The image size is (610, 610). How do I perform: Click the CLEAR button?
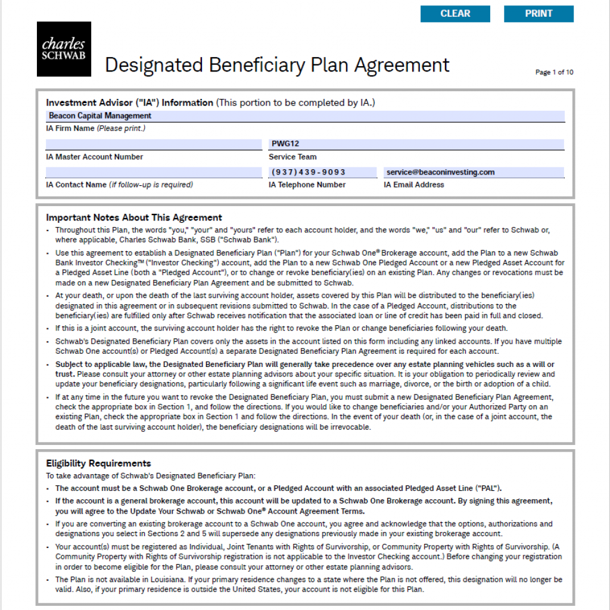455,14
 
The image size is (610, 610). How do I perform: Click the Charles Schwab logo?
64,49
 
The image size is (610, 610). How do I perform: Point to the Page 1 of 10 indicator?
554,73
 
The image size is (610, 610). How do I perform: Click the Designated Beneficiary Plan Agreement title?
277,64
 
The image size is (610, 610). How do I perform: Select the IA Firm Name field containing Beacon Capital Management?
305,116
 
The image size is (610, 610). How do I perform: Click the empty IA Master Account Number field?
153,144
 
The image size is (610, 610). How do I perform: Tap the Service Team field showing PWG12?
416,144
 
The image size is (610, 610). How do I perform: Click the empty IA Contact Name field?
153,172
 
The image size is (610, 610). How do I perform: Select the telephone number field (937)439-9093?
322,172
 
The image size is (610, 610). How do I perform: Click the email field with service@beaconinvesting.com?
474,172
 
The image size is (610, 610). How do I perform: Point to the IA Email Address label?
413,185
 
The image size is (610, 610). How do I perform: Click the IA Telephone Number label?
307,185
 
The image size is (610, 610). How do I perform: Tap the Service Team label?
292,157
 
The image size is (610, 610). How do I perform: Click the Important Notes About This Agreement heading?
134,217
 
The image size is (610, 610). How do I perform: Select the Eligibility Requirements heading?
98,463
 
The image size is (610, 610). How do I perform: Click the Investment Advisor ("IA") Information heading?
129,102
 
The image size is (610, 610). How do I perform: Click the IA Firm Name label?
70,129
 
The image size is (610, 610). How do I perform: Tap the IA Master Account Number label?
94,157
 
